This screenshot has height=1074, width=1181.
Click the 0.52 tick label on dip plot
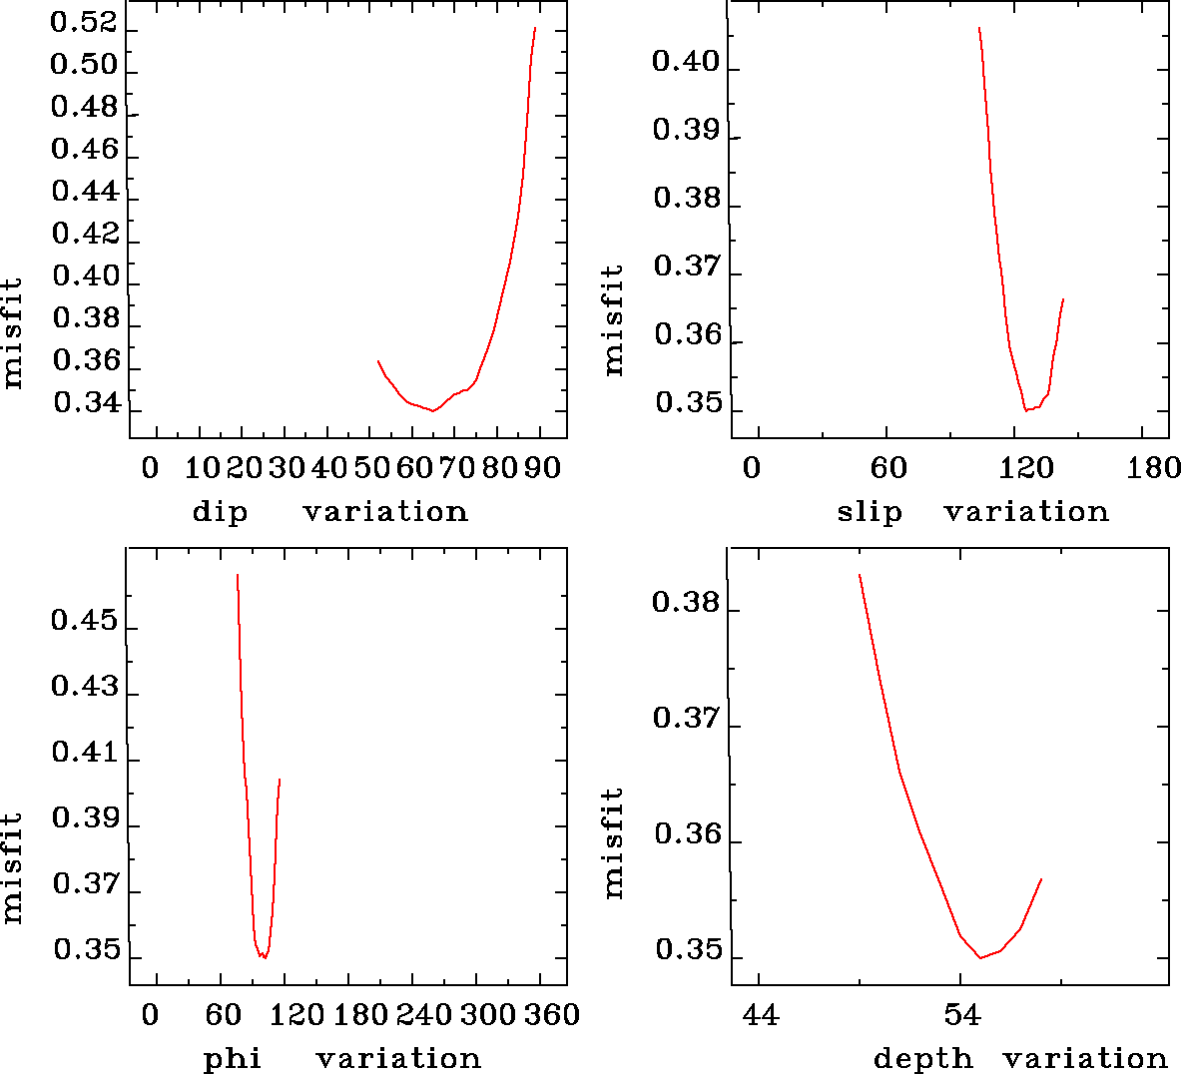84,24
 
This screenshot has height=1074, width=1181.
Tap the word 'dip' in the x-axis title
220,513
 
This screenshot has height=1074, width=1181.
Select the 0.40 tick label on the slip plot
685,63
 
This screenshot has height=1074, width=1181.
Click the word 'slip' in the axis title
870,512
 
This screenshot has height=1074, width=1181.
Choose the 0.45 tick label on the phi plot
84,623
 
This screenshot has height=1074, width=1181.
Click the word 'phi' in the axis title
233,1059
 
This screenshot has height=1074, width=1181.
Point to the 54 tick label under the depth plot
960,1015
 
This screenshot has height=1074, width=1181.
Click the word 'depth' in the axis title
923,1059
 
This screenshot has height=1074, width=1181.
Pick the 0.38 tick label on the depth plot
685,603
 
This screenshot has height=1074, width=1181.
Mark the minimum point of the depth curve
981,958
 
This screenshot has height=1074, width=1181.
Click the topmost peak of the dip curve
535,28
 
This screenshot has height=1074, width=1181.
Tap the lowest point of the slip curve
1025,410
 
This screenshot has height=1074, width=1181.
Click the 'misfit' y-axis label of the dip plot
13,333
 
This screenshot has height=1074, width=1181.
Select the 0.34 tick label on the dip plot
86,403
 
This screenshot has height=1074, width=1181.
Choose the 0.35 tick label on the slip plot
687,403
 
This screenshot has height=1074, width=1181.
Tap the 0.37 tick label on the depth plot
686,719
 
